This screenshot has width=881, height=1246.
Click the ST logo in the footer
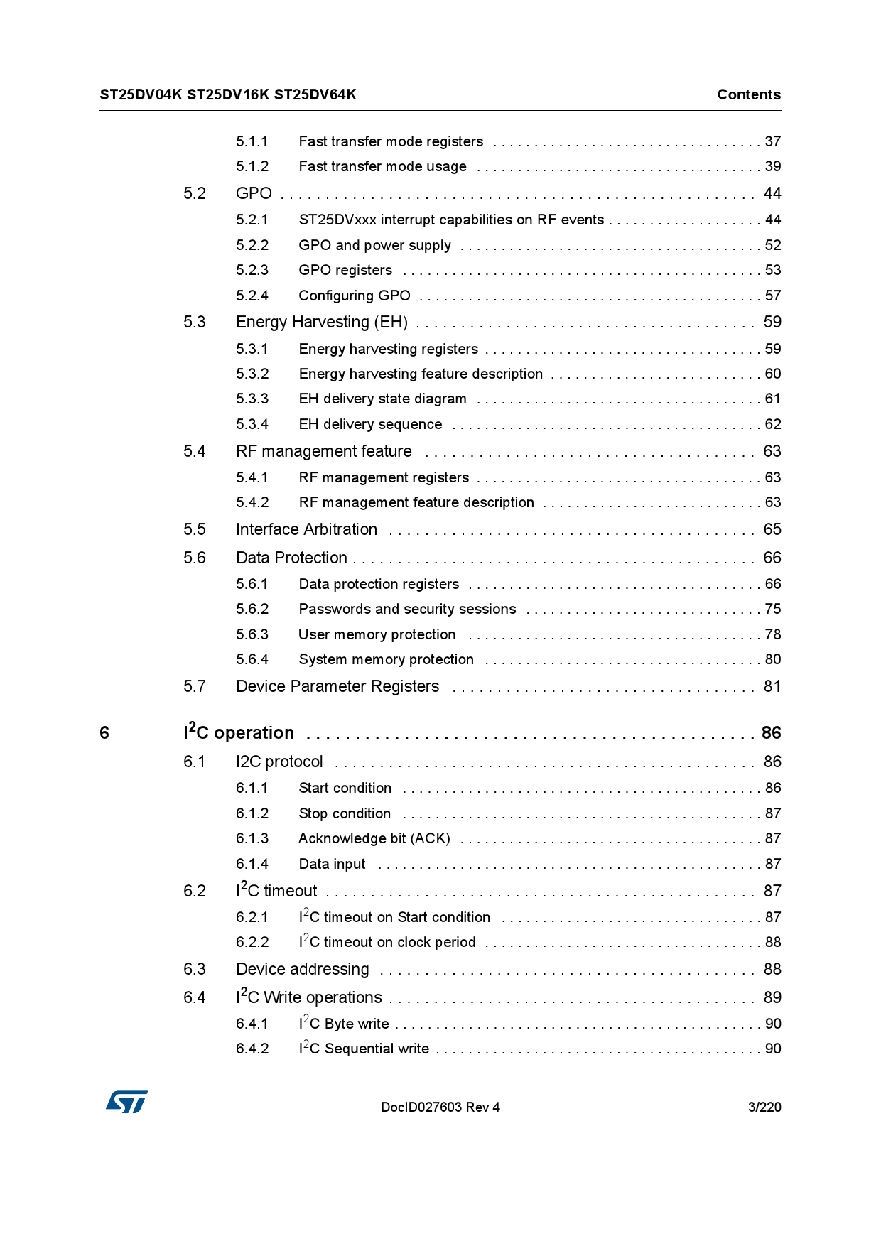click(127, 1102)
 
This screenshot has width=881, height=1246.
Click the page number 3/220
click(764, 1107)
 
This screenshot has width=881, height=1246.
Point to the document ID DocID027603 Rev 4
click(440, 1107)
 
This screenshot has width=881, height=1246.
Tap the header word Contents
click(748, 94)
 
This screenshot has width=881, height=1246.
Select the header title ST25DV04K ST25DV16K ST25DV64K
click(228, 94)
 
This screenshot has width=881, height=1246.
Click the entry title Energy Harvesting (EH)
click(322, 322)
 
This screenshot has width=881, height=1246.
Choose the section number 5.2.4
click(252, 296)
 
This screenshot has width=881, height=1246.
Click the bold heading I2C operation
click(239, 732)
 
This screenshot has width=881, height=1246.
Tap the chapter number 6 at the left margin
click(104, 732)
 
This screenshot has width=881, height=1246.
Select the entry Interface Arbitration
click(306, 529)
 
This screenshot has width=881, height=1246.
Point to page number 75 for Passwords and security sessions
click(772, 609)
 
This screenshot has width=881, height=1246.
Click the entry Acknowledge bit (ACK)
click(374, 838)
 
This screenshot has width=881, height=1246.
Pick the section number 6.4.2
click(252, 1049)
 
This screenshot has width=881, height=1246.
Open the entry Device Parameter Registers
click(337, 686)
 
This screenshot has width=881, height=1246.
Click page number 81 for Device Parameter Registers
click(772, 686)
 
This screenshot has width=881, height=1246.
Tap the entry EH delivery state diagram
click(382, 399)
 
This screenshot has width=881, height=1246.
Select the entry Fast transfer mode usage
click(382, 166)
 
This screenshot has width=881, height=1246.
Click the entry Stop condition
click(345, 813)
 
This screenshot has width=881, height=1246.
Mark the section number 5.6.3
click(252, 634)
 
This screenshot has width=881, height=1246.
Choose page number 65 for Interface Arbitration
click(772, 529)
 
